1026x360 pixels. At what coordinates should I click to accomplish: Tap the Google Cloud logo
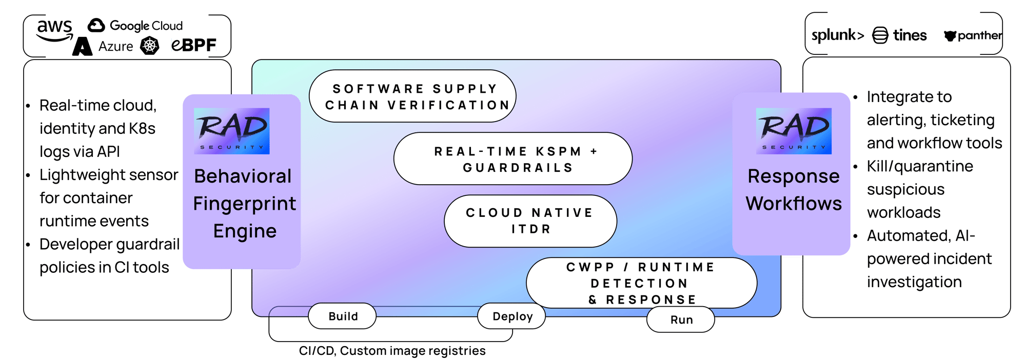coord(135,25)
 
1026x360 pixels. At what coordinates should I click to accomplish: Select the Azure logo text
coord(115,46)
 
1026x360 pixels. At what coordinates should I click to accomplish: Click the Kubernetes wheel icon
coord(150,46)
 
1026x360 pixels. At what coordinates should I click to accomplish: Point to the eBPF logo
coord(194,45)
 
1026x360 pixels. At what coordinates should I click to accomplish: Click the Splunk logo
coord(837,35)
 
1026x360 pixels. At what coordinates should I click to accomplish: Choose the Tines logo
coord(900,35)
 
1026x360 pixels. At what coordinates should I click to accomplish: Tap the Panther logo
coord(973,35)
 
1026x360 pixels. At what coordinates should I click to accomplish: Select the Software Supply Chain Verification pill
coord(413,96)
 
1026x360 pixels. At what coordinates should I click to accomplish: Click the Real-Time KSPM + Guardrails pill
coord(513,159)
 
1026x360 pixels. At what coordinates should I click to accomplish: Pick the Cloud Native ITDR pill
coord(530,221)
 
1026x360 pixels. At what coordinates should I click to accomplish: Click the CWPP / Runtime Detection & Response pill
coord(641,283)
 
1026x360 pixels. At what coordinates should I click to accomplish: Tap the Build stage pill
coord(343,316)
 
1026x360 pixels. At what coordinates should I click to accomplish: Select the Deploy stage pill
coord(511,316)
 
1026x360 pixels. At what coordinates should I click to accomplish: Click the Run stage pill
coord(681,319)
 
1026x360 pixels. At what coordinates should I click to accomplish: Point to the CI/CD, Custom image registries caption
coord(392,351)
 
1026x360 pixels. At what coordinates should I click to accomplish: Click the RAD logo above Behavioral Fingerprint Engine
coord(232,131)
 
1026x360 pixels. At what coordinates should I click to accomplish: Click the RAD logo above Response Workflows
coord(794,131)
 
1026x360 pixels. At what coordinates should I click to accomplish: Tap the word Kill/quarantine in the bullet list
coord(920,166)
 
